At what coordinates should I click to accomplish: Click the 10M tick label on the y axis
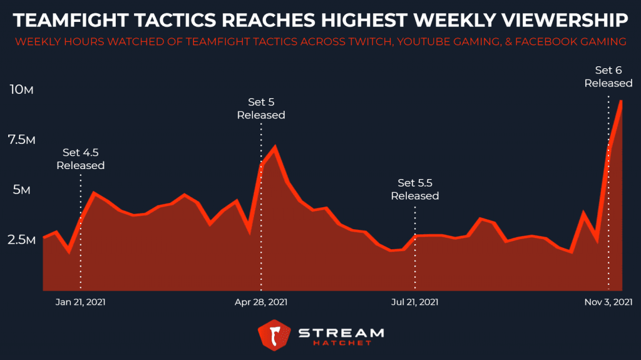pyautogui.click(x=21, y=90)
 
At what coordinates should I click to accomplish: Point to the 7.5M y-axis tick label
pyautogui.click(x=21, y=140)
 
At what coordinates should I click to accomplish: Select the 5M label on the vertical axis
pyautogui.click(x=21, y=190)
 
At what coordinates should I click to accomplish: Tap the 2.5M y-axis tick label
pyautogui.click(x=21, y=240)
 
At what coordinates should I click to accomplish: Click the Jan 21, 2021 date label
pyautogui.click(x=80, y=302)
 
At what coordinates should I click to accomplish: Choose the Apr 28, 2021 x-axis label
pyautogui.click(x=261, y=302)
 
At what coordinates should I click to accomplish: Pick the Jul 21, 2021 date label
pyautogui.click(x=414, y=302)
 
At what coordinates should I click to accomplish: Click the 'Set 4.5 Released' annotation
pyautogui.click(x=80, y=159)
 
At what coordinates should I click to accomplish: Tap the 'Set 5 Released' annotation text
pyautogui.click(x=261, y=108)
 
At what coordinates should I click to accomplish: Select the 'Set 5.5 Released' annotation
pyautogui.click(x=414, y=189)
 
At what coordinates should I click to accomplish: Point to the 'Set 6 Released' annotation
pyautogui.click(x=608, y=76)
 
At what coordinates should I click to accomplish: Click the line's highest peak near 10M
pyautogui.click(x=621, y=101)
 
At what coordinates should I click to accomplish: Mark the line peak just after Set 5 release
pyautogui.click(x=274, y=148)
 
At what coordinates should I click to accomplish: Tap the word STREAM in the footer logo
pyautogui.click(x=341, y=331)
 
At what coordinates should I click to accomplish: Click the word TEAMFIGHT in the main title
pyautogui.click(x=70, y=21)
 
